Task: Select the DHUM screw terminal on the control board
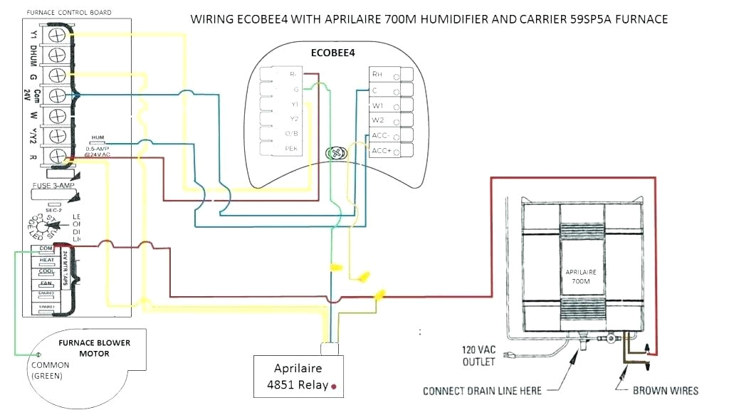[57, 55]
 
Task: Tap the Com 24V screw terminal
[57, 95]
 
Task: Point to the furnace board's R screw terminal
[57, 154]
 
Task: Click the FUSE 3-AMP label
[53, 186]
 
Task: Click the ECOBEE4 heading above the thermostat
[332, 52]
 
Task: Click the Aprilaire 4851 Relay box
[298, 377]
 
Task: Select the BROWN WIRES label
[665, 390]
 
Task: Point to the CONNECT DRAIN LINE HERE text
[482, 391]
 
